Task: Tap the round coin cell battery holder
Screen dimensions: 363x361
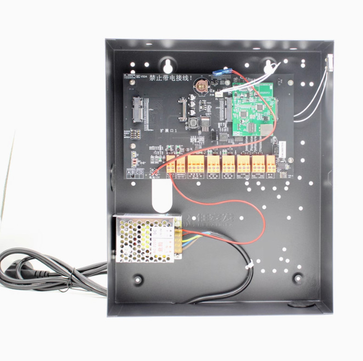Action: [x=202, y=86]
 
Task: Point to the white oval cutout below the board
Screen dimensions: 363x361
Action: [x=161, y=196]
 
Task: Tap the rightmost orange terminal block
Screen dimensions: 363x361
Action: [x=270, y=164]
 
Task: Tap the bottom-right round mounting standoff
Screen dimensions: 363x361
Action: [x=297, y=278]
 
